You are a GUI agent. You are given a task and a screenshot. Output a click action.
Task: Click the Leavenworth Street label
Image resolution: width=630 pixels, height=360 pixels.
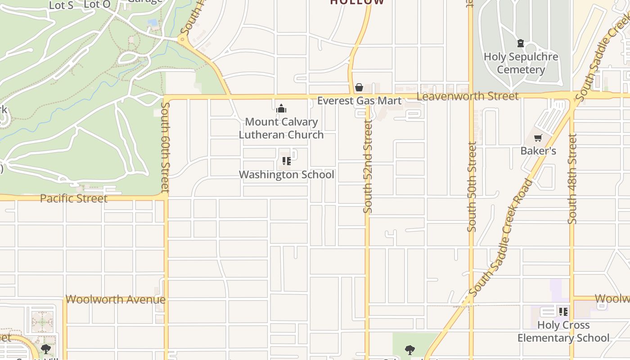coord(467,96)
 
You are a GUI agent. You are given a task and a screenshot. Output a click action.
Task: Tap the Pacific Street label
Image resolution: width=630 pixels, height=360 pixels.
coord(74,198)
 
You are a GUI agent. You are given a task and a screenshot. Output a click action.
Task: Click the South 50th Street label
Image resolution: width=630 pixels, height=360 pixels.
coord(472,187)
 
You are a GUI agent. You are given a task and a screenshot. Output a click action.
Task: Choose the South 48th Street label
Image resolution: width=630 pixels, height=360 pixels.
coord(572,179)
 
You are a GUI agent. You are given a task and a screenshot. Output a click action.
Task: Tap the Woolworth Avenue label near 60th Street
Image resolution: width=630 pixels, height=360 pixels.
coord(116,299)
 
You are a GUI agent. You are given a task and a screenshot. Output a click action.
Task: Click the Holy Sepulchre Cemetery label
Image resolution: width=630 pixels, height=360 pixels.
coord(521,63)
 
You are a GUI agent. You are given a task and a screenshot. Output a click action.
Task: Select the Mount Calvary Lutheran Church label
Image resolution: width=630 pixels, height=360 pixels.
coord(281,128)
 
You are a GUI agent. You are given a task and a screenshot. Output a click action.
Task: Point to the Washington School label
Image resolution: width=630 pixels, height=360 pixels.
coord(286,175)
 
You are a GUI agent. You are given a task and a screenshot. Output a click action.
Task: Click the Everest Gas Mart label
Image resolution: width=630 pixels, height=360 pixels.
coord(359,100)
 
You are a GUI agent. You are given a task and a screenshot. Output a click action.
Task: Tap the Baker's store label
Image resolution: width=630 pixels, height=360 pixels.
coord(538,151)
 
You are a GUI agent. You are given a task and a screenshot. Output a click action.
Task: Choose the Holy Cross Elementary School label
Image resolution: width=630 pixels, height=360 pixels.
coord(563,331)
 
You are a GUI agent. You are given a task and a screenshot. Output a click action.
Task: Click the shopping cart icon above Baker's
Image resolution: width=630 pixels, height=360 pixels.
coord(538,138)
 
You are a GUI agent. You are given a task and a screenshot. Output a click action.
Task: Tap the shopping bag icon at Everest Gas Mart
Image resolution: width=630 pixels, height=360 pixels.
coord(359,87)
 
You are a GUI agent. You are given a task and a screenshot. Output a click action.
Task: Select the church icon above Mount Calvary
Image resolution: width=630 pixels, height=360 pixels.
coord(281,108)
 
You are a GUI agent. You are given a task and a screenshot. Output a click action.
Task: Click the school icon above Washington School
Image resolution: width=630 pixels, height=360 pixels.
coord(286,161)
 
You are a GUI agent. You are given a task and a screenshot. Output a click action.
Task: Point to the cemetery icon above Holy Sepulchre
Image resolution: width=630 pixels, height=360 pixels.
coord(521,43)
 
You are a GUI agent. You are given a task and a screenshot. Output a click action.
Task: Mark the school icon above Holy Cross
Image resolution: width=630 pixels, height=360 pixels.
coord(563,311)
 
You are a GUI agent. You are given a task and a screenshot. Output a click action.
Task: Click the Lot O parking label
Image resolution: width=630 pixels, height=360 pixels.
coord(97,4)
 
